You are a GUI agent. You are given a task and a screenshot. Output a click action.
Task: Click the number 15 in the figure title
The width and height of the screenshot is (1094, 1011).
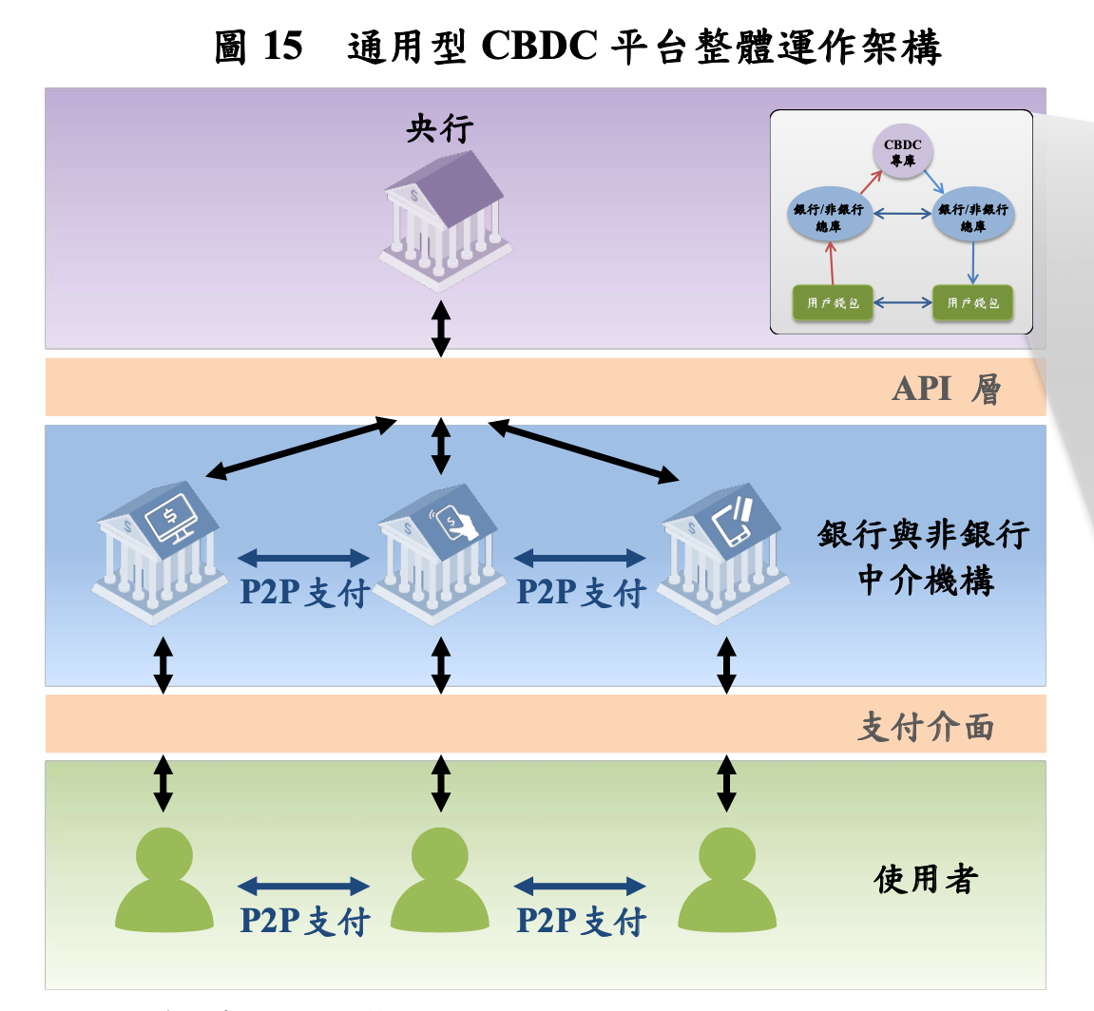(x=282, y=47)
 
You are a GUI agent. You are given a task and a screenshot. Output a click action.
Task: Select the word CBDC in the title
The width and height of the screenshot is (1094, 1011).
(x=539, y=47)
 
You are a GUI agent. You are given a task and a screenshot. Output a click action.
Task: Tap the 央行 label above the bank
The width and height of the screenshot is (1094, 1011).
(x=440, y=128)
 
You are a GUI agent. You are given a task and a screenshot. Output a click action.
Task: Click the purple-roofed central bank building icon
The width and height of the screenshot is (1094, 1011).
(x=442, y=219)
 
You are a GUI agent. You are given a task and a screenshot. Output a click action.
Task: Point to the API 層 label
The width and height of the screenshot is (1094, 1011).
(x=946, y=389)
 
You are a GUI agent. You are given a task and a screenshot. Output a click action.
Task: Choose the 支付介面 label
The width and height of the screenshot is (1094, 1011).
(x=926, y=727)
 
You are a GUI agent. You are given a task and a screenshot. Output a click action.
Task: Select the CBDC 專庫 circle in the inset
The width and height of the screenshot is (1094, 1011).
(x=902, y=152)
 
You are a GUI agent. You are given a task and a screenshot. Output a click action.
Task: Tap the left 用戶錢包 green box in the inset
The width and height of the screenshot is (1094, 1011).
(x=833, y=303)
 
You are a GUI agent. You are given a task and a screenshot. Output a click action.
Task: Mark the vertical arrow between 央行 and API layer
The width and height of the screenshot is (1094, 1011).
(x=440, y=328)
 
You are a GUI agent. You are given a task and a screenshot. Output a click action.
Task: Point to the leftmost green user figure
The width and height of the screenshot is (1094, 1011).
(x=163, y=879)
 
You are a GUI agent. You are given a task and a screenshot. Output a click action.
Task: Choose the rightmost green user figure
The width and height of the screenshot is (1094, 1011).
(x=726, y=879)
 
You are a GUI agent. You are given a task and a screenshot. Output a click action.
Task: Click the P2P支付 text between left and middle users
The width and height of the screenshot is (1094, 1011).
(x=303, y=921)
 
